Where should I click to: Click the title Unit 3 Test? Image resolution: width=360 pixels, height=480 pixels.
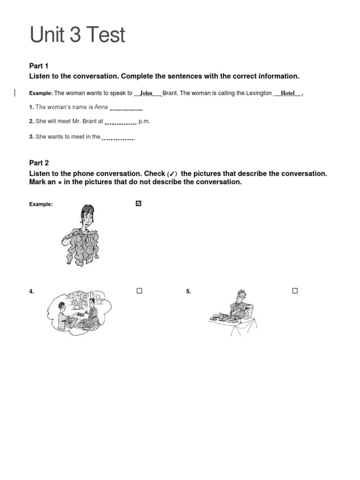coord(77,35)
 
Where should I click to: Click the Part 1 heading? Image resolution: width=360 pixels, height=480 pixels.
coord(39,66)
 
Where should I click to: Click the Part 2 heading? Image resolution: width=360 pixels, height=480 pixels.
coord(39,163)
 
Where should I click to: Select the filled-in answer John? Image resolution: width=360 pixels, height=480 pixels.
coord(147,93)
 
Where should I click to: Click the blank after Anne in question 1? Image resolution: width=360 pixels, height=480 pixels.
coord(126,108)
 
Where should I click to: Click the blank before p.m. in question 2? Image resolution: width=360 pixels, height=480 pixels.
coord(120,122)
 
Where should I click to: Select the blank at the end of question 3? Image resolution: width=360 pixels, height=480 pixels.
coord(118,138)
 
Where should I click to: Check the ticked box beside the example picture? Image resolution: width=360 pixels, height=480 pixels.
coord(138,203)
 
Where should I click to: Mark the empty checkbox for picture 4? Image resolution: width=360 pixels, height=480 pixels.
coord(139,291)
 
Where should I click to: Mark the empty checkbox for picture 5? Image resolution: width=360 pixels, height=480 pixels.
coord(295,291)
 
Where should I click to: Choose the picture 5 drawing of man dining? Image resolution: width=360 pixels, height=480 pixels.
coord(233,312)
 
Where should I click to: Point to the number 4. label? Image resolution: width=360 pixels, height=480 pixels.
coord(31,292)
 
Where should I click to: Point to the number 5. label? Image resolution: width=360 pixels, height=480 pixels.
coord(188,292)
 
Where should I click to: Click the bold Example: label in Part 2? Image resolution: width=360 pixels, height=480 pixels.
coord(41,204)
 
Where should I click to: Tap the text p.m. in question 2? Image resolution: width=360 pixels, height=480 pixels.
coord(144,121)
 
